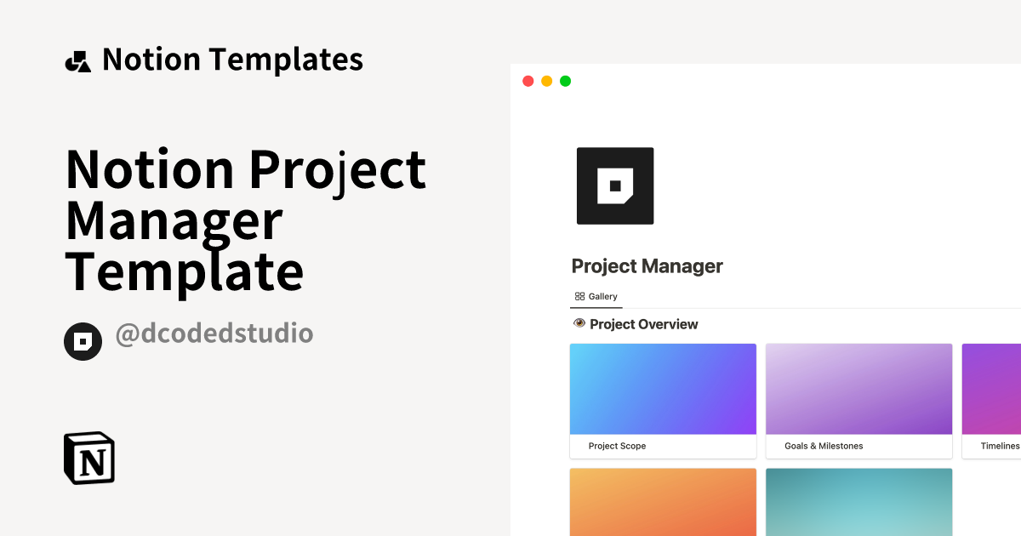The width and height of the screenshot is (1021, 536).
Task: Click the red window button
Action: click(528, 82)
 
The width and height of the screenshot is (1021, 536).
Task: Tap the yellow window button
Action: click(546, 82)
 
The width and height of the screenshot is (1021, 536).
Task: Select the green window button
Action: click(565, 82)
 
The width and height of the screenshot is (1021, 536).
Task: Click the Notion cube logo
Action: click(89, 459)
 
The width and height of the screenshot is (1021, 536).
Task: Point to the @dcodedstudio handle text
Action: click(214, 334)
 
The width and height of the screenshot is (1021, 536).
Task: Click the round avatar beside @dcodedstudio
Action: click(83, 341)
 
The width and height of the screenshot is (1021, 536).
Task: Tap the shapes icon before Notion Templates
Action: click(77, 61)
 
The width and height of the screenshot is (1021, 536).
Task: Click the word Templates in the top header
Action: click(286, 60)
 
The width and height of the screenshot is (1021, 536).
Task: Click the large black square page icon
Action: click(615, 185)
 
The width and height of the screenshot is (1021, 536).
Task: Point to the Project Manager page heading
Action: click(647, 266)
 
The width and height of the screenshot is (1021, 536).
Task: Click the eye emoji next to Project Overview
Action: click(579, 324)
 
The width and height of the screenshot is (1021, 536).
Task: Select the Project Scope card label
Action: click(617, 446)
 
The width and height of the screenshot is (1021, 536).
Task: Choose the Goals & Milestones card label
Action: click(823, 446)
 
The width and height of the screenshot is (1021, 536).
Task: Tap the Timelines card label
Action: click(999, 446)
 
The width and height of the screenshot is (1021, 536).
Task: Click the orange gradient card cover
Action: click(663, 502)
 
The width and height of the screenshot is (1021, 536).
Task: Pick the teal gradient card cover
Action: click(858, 502)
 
